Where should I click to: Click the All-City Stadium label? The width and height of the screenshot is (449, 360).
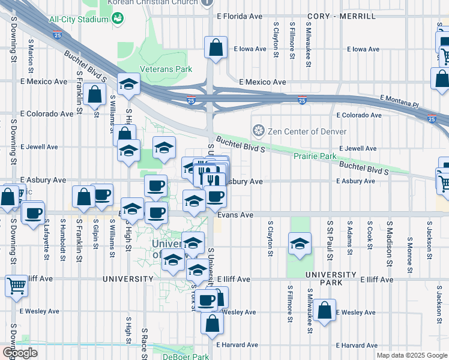click(x=79, y=19)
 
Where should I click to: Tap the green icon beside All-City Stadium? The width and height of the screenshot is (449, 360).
click(x=118, y=19)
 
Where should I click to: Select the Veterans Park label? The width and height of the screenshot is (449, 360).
click(x=166, y=69)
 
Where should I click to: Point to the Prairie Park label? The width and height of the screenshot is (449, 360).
click(x=315, y=156)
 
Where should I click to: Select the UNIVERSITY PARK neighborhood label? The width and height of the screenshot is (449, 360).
click(x=331, y=274)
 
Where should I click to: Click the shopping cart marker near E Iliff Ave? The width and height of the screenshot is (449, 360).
click(x=16, y=286)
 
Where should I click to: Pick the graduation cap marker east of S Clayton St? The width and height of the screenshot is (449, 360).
click(x=300, y=244)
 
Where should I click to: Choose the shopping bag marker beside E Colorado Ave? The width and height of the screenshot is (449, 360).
click(x=95, y=94)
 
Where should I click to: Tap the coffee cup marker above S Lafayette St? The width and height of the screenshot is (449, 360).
click(x=34, y=212)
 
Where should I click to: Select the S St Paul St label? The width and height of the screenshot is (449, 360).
click(x=330, y=240)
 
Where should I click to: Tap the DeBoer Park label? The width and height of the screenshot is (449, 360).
click(x=185, y=356)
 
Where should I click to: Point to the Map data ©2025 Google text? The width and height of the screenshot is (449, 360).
click(x=411, y=355)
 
